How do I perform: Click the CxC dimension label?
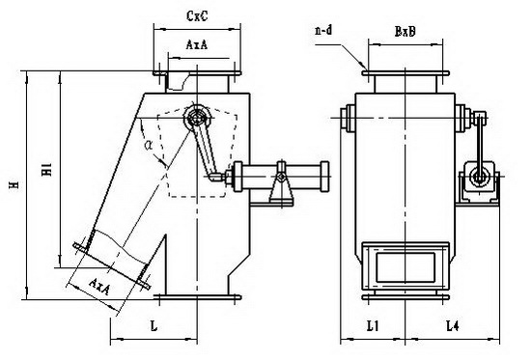197,15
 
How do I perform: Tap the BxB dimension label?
405,32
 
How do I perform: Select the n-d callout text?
323,31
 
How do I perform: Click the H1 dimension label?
46,169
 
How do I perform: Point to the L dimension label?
154,326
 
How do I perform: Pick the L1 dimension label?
373,326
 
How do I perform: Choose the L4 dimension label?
453,326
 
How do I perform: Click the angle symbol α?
149,146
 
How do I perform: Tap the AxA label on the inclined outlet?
99,287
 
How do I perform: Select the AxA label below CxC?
196,44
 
